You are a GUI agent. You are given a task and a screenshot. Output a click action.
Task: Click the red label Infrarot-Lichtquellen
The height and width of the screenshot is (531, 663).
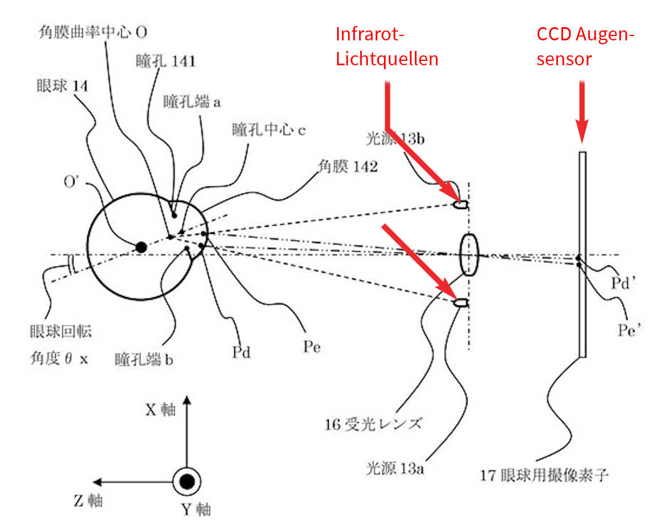pos(387,46)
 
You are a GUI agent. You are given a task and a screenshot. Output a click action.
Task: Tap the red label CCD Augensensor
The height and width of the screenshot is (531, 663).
pos(585,46)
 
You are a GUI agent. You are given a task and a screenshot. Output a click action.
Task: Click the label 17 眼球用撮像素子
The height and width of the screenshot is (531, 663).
pos(544,474)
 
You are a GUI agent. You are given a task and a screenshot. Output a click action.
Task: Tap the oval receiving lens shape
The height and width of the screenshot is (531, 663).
pos(469,254)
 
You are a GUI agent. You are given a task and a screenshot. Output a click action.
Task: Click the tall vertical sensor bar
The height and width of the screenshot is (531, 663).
pos(582,254)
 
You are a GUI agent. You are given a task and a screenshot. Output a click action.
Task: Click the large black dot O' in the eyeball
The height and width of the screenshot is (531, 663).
pos(141,247)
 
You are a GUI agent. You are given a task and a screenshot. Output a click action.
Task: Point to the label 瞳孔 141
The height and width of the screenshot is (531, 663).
pos(166,61)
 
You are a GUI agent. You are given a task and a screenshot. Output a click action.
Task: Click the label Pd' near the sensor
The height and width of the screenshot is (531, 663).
pos(625,282)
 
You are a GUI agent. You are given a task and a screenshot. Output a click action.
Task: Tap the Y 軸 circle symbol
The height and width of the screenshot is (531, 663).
pos(187,482)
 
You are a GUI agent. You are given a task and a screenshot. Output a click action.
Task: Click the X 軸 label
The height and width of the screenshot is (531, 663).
pos(160,409)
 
